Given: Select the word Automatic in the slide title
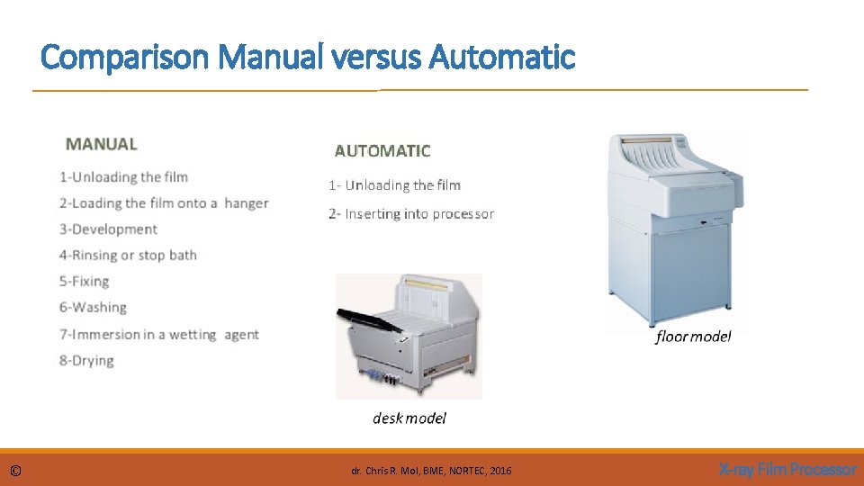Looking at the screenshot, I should pyautogui.click(x=502, y=58).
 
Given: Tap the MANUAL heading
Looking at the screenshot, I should pyautogui.click(x=102, y=144).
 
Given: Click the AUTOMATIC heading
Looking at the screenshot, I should pyautogui.click(x=382, y=151).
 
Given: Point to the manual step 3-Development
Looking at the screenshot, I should pyautogui.click(x=108, y=229).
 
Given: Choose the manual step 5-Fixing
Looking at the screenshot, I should pyautogui.click(x=84, y=282).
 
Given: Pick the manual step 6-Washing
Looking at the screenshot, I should pyautogui.click(x=93, y=308).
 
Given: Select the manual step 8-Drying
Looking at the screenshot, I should pyautogui.click(x=86, y=361).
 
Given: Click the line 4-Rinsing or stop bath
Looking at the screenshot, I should pyautogui.click(x=128, y=256).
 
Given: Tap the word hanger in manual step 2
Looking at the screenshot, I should pyautogui.click(x=246, y=203).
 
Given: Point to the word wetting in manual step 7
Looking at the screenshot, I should pyautogui.click(x=193, y=335).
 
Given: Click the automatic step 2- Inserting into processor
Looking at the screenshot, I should pyautogui.click(x=411, y=214).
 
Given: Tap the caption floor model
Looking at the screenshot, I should pyautogui.click(x=693, y=337).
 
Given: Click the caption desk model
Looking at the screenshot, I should pyautogui.click(x=409, y=418).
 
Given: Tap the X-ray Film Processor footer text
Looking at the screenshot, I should pyautogui.click(x=787, y=470).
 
